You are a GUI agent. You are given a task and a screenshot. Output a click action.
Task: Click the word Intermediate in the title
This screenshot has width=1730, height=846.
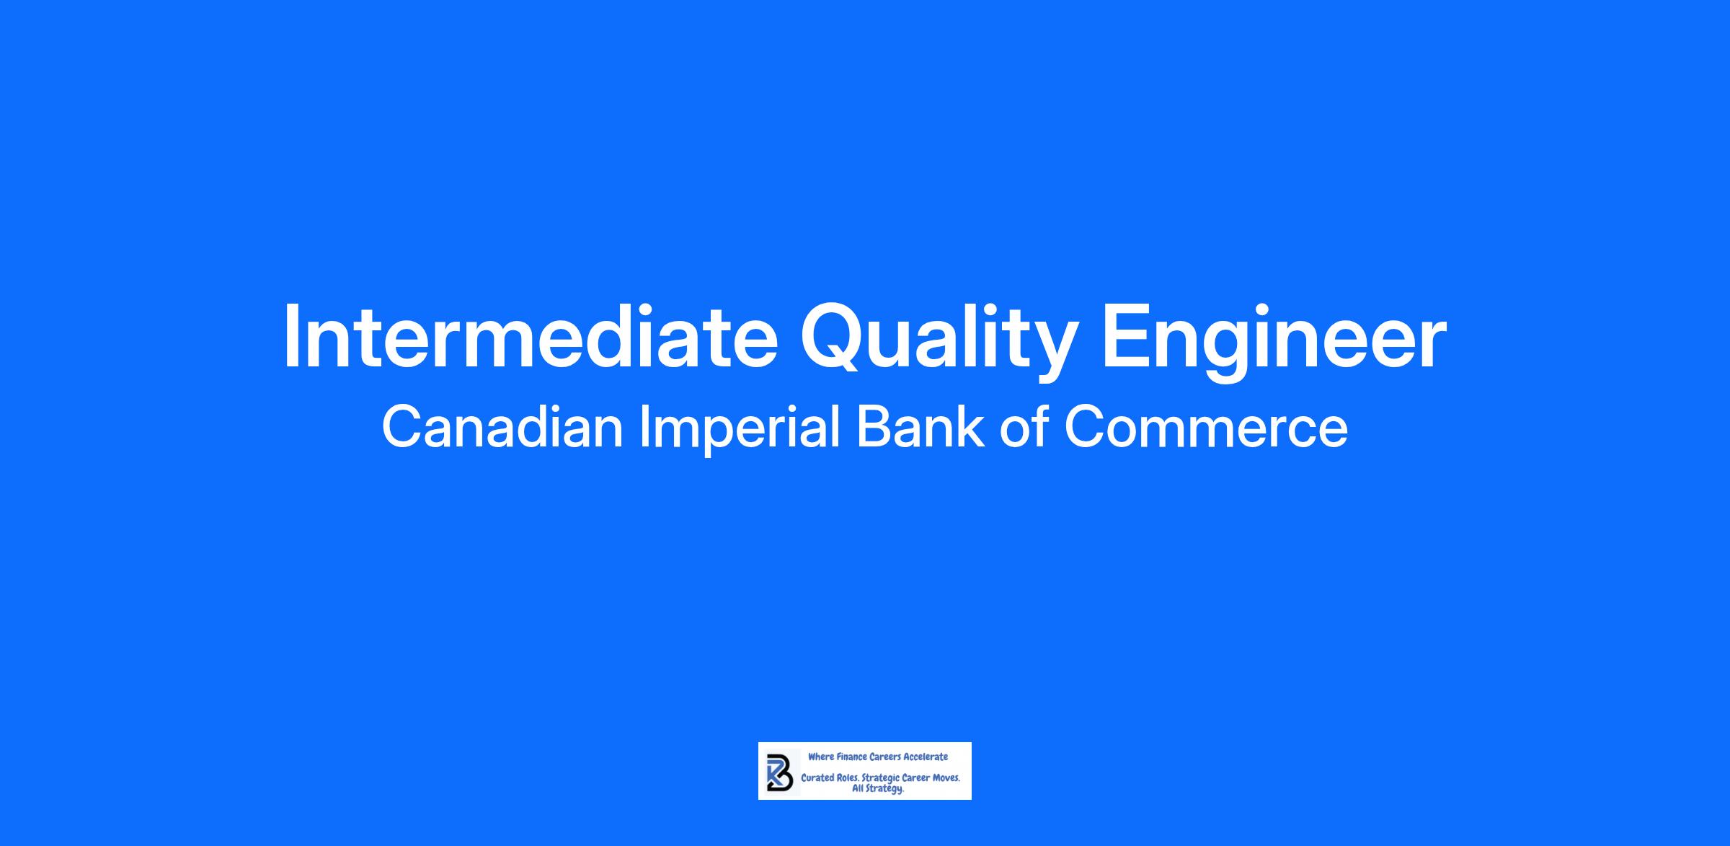click(x=531, y=336)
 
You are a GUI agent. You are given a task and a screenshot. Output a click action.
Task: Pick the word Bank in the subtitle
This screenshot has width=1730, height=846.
click(x=921, y=427)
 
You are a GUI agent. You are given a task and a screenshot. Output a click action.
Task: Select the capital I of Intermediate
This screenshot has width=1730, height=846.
click(x=291, y=336)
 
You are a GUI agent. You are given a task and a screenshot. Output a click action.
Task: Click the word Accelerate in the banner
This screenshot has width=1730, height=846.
click(x=926, y=757)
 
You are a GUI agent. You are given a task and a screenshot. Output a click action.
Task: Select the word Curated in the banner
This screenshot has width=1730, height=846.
click(x=817, y=779)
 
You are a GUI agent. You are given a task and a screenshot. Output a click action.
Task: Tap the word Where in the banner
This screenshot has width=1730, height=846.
click(x=820, y=757)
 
